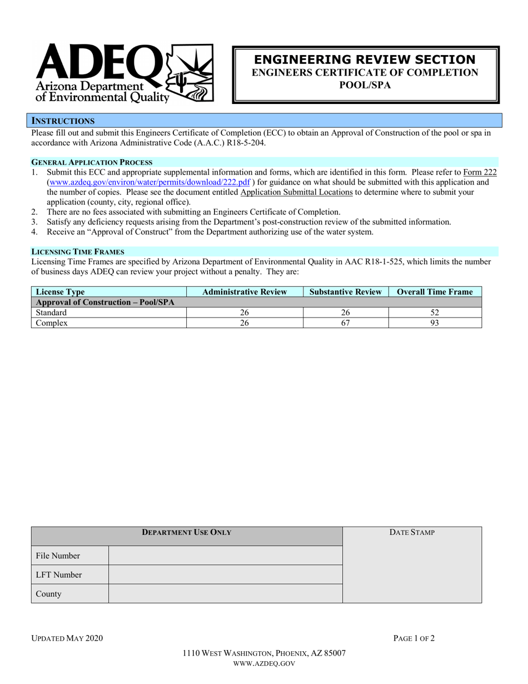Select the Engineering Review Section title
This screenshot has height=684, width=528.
365,60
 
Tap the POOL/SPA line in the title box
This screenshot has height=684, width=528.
365,85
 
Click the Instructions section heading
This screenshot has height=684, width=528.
63,121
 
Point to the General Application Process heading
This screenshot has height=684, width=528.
92,162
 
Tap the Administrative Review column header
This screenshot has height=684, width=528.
245,291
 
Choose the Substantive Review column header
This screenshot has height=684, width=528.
346,291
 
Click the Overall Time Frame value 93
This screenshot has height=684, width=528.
435,323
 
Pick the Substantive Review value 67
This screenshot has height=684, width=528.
345,323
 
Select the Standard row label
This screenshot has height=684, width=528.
51,313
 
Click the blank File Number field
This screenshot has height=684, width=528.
225,556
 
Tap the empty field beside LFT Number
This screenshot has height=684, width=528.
225,574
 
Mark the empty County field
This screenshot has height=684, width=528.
225,593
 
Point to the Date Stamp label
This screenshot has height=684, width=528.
412,532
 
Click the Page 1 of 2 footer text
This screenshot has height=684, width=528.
414,638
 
